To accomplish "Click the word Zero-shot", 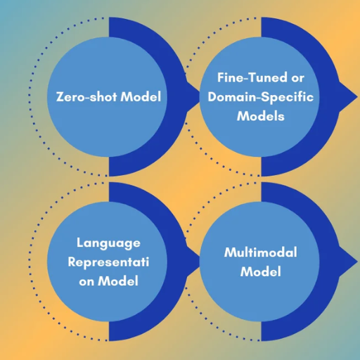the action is tap(86, 96).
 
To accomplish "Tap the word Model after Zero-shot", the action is tap(141, 96).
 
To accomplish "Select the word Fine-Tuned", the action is tap(252, 77).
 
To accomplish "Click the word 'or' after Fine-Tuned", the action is tap(297, 79).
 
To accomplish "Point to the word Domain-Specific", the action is tap(261, 98).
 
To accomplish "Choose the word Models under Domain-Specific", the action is tap(261, 116).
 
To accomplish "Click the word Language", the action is tap(108, 244).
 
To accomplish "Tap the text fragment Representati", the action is tap(108, 262).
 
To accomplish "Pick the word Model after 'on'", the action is tap(118, 281).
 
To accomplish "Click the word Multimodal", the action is tap(261, 252).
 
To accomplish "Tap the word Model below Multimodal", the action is tap(261, 271).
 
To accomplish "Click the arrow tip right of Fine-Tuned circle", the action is tap(357, 96).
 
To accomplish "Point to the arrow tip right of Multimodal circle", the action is tap(357, 260).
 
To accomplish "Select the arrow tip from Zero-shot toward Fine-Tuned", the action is tap(199, 96).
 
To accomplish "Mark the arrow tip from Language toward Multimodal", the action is tap(199, 260).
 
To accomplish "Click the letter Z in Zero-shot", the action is tap(60, 97).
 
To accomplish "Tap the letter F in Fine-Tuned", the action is tap(221, 77).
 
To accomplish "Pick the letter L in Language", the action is tap(80, 243).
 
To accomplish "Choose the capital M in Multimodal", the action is tap(230, 252).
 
